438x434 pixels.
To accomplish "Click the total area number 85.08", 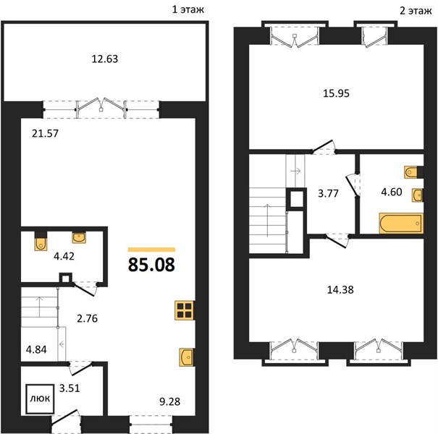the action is pyautogui.click(x=151, y=265).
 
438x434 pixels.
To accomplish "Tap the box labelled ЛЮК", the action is pyautogui.click(x=40, y=399).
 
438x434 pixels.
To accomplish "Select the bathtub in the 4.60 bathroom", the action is pyautogui.click(x=401, y=223).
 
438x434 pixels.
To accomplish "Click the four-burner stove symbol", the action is pyautogui.click(x=185, y=310).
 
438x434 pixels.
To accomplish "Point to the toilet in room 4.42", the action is pyautogui.click(x=41, y=241).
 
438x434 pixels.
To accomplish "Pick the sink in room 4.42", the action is pyautogui.click(x=79, y=237).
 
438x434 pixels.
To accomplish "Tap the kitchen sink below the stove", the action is pyautogui.click(x=186, y=357).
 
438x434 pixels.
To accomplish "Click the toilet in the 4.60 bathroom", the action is pyautogui.click(x=411, y=172).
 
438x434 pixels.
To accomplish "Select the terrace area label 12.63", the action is pyautogui.click(x=105, y=59).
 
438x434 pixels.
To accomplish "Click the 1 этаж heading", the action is pyautogui.click(x=188, y=10).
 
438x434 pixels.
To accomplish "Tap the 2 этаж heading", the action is pyautogui.click(x=416, y=11).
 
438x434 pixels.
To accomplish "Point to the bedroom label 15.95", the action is pyautogui.click(x=336, y=93).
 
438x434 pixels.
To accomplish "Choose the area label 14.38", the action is pyautogui.click(x=340, y=290).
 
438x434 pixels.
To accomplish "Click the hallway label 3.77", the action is pyautogui.click(x=328, y=193).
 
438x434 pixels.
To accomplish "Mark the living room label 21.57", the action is pyautogui.click(x=46, y=133).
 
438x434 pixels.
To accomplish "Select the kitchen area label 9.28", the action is pyautogui.click(x=170, y=401).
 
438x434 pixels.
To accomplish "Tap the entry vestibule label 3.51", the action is pyautogui.click(x=70, y=388).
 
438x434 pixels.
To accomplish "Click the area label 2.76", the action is pyautogui.click(x=87, y=318).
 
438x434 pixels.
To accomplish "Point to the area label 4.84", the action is pyautogui.click(x=36, y=349).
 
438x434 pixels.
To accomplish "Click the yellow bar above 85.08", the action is pyautogui.click(x=151, y=250).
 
